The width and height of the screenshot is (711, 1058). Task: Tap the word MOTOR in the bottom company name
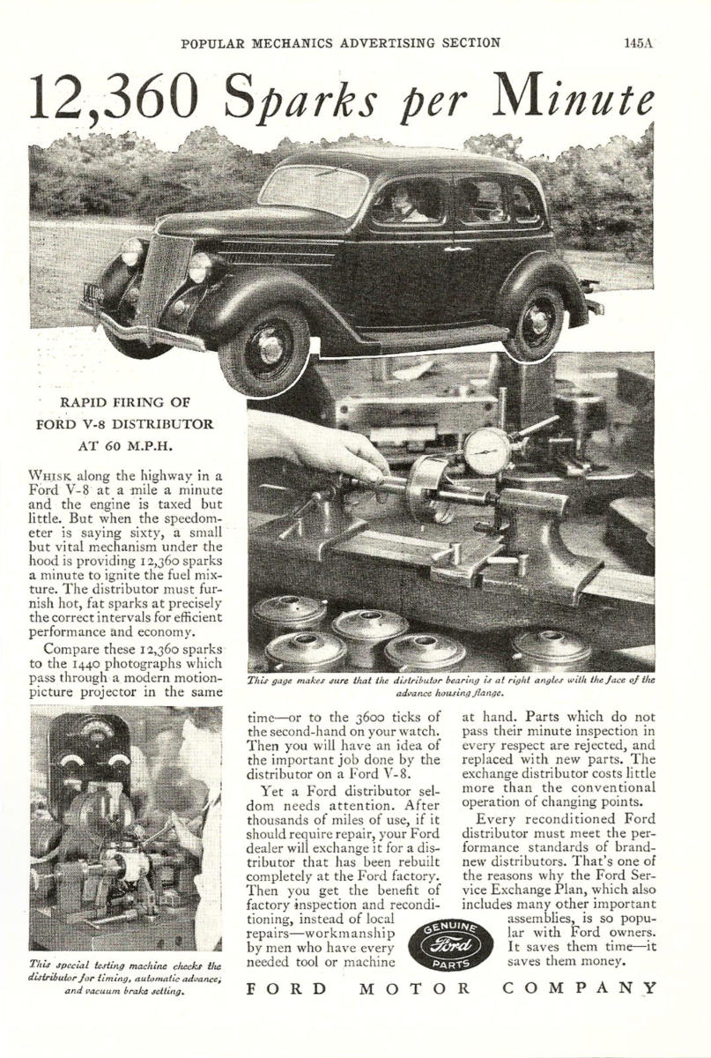(418, 987)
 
